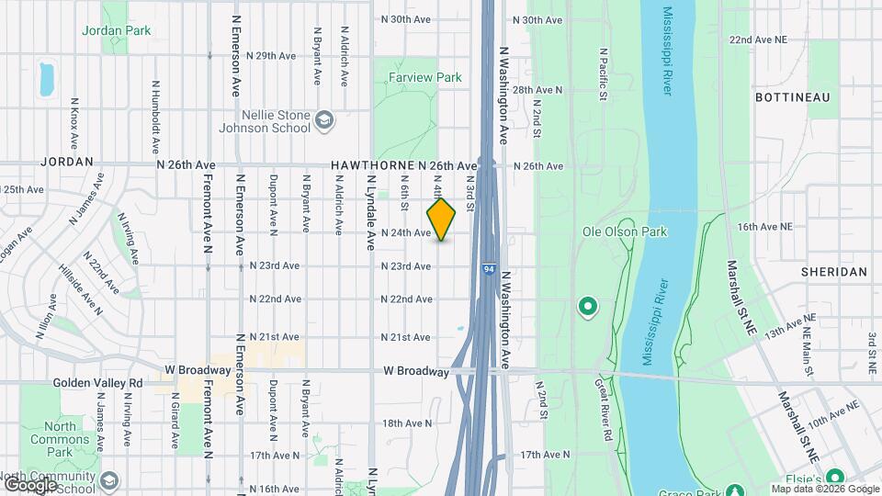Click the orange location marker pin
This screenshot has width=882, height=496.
click(x=442, y=220)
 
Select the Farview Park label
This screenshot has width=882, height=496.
click(x=424, y=78)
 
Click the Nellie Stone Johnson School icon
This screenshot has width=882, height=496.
click(x=323, y=119)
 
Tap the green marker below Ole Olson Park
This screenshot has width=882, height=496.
click(x=585, y=306)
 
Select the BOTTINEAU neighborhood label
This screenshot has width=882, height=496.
click(x=792, y=96)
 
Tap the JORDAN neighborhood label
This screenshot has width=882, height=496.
click(x=67, y=162)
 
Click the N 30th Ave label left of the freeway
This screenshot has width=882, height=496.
click(x=406, y=19)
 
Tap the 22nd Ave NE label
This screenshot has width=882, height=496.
click(x=758, y=40)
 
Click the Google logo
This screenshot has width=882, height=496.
click(x=29, y=484)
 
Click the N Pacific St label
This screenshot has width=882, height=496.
click(x=604, y=75)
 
